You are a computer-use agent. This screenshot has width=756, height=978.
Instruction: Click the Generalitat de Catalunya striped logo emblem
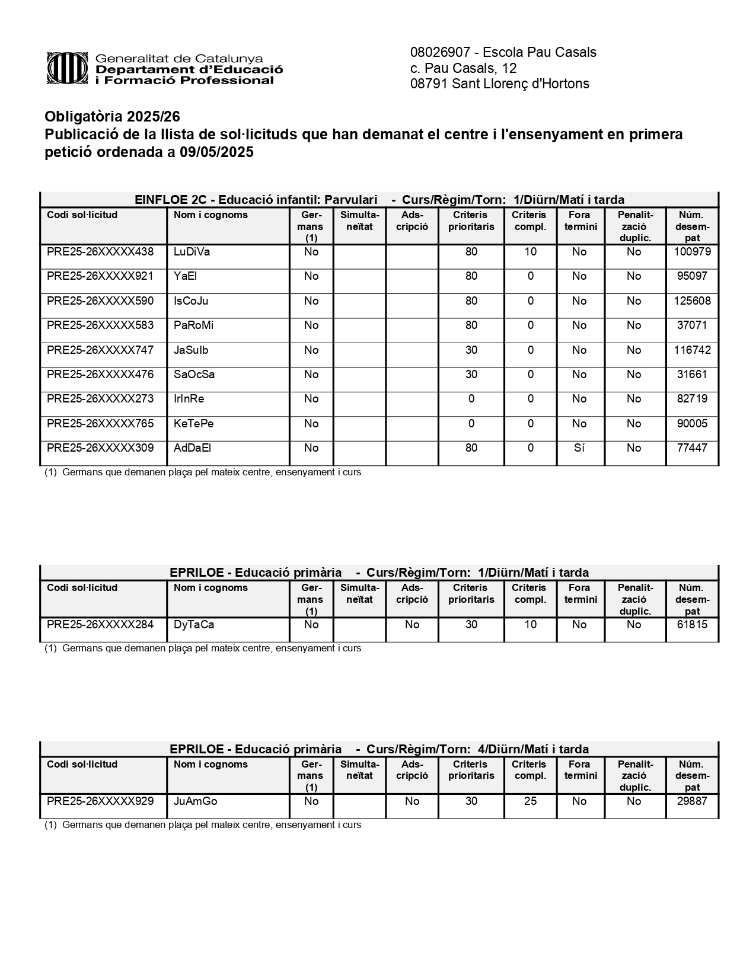(68, 68)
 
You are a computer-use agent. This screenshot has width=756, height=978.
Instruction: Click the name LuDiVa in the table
(192, 252)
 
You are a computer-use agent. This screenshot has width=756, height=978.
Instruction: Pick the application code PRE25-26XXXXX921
(100, 276)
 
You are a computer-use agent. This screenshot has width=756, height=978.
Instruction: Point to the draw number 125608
(692, 301)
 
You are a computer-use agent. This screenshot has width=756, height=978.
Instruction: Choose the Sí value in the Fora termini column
(579, 448)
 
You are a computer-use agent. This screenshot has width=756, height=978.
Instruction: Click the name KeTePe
(193, 424)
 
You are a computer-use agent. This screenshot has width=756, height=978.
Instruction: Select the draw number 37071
(692, 325)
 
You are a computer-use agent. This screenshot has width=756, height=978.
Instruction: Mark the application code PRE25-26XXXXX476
(100, 375)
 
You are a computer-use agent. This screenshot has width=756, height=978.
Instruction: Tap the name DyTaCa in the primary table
(194, 625)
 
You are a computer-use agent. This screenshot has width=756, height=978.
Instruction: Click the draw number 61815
(692, 625)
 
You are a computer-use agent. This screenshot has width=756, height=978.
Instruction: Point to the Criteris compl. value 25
(530, 801)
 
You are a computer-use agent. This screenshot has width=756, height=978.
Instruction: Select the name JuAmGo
(195, 801)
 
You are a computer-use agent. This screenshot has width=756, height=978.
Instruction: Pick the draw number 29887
(692, 801)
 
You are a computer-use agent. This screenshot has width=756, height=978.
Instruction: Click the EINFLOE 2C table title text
(379, 200)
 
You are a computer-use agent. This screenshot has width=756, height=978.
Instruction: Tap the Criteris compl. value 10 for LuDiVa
(530, 252)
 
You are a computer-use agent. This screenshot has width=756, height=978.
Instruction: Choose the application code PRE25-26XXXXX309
(100, 448)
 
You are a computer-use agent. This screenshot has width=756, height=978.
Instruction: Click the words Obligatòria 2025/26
(112, 116)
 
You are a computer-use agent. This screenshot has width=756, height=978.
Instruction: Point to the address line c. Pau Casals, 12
(463, 68)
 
